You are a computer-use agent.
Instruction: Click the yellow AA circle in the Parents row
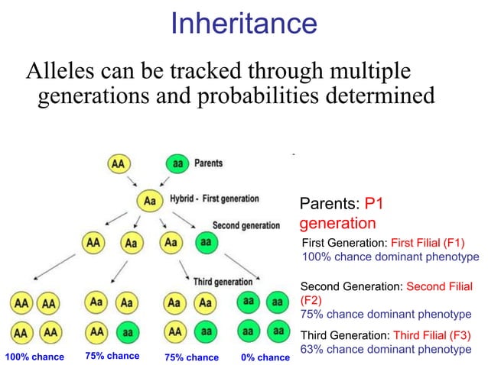[x=119, y=163]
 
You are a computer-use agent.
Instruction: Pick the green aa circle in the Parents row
[x=177, y=163]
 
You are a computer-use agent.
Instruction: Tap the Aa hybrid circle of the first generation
[x=150, y=200]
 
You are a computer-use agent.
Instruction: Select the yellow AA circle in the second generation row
[x=93, y=242]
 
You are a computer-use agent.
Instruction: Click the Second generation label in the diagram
[x=246, y=225]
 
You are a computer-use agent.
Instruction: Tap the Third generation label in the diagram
[x=223, y=282]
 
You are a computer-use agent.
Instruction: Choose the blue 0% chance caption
[x=265, y=357]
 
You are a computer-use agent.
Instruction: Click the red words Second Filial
[x=439, y=286]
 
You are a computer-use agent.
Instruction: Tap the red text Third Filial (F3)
[x=431, y=335]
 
